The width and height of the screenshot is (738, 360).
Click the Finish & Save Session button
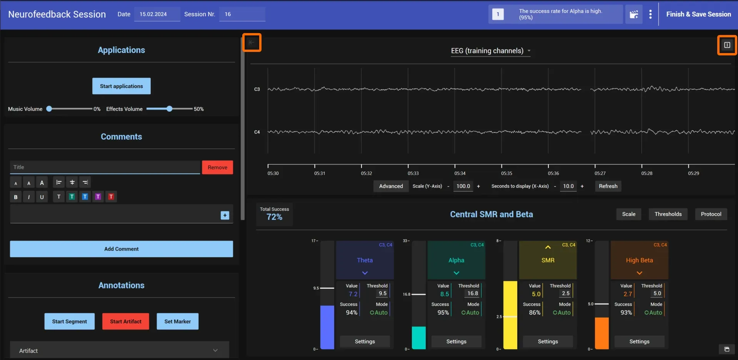click(698, 14)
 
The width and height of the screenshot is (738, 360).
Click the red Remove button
click(217, 167)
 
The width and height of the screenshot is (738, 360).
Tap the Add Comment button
click(122, 249)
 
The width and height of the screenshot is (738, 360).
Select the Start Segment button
click(70, 322)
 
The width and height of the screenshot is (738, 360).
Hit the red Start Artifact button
click(126, 322)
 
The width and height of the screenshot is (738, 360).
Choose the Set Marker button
click(178, 322)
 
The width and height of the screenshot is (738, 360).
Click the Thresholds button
click(668, 214)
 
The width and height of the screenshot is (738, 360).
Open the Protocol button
click(711, 214)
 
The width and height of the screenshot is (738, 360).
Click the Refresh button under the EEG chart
click(608, 186)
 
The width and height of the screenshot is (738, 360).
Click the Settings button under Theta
click(365, 342)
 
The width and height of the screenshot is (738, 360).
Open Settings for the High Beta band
click(640, 342)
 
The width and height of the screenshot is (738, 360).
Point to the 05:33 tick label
click(413, 173)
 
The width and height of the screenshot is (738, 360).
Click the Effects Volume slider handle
click(170, 109)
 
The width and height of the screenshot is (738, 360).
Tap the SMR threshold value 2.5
click(566, 293)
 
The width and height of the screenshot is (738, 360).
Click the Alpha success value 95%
click(443, 313)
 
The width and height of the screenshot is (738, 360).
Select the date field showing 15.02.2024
click(157, 14)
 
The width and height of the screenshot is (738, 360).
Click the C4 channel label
click(257, 132)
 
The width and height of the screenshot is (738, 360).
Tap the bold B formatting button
click(16, 197)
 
